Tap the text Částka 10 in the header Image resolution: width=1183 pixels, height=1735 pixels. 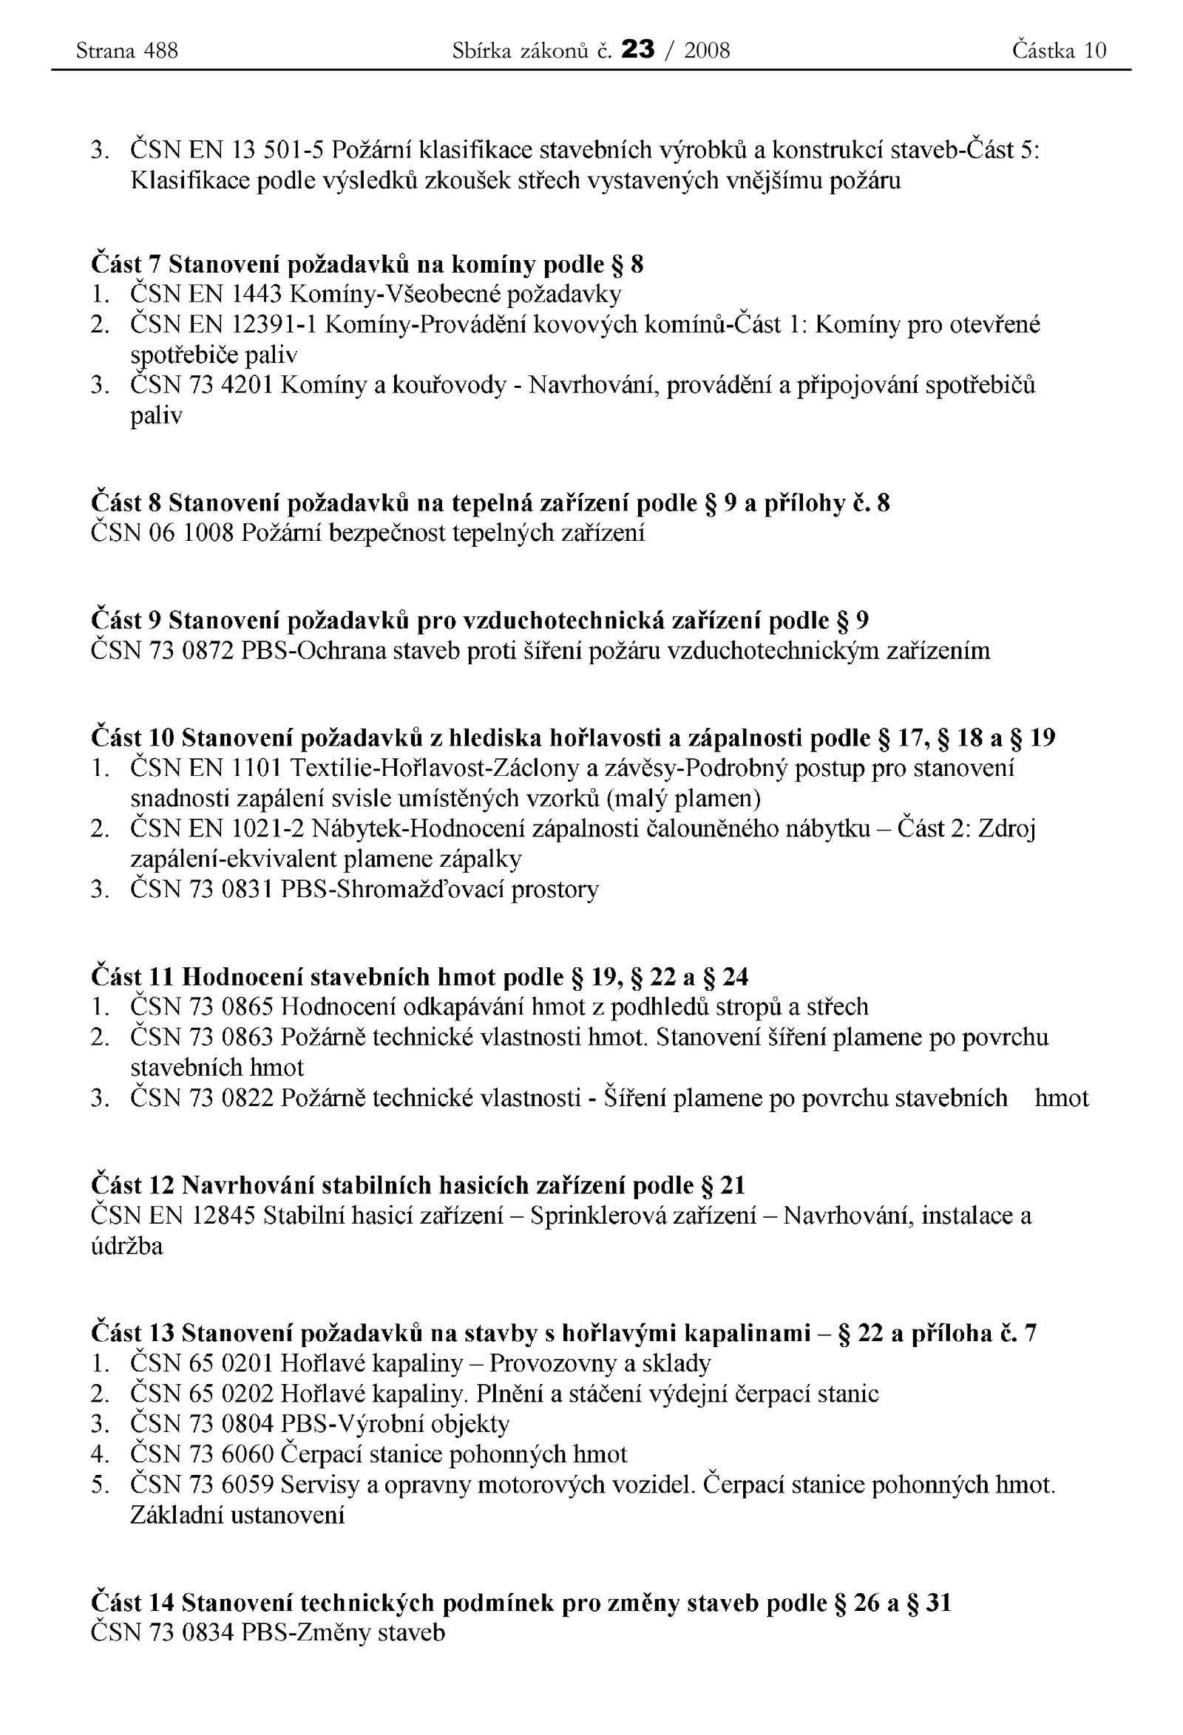click(1058, 51)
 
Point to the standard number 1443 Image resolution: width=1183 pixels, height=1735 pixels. click(257, 295)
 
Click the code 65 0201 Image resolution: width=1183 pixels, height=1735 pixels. click(240, 1364)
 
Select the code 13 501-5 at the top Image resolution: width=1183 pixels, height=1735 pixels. click(278, 150)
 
